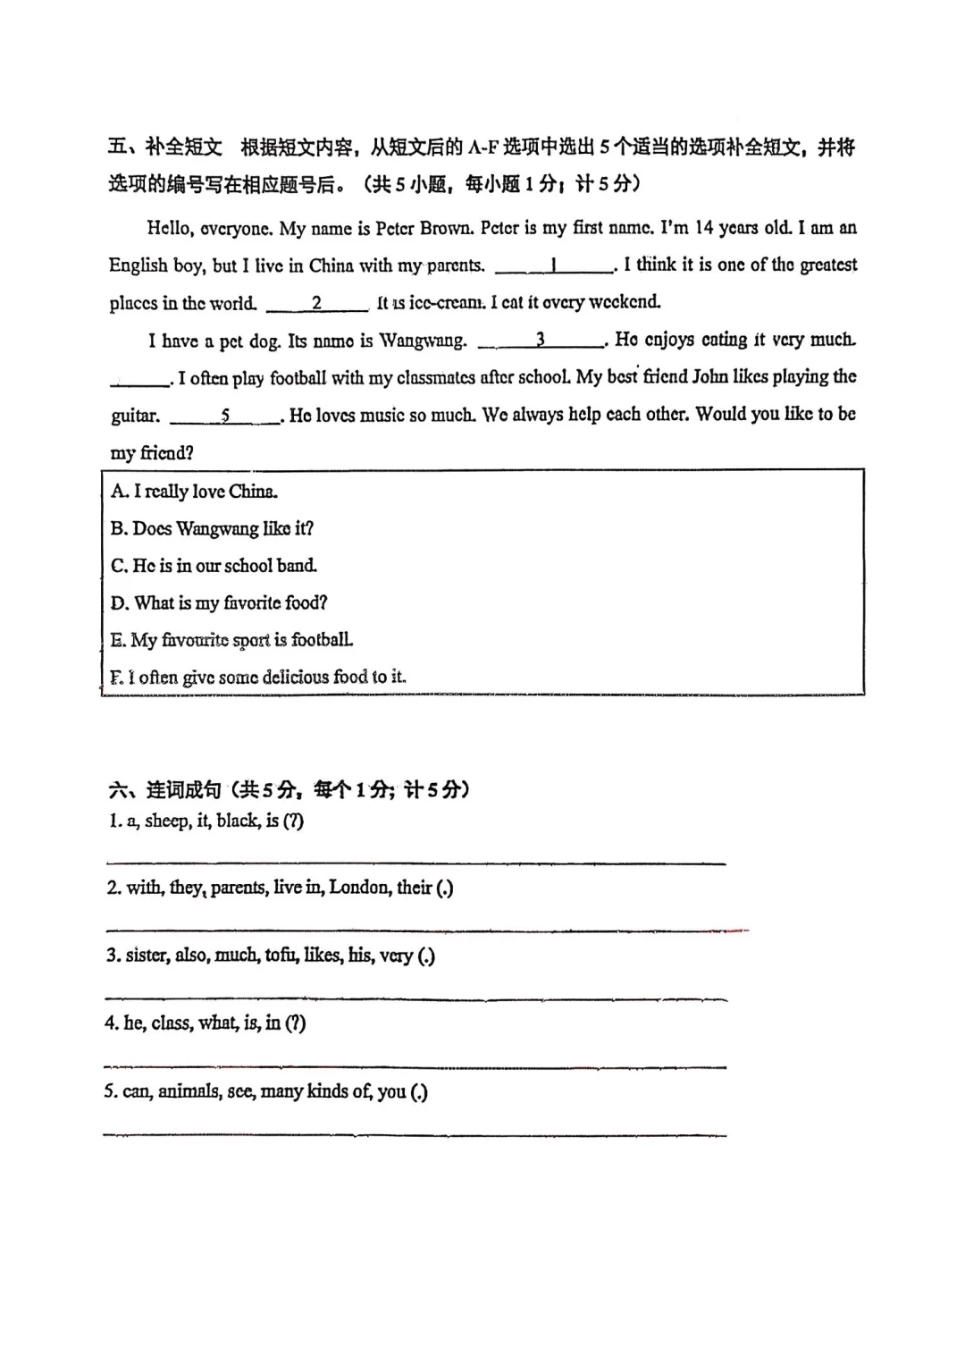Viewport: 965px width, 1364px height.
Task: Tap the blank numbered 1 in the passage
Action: click(554, 265)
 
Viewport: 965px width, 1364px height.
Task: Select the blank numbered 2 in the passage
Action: click(317, 303)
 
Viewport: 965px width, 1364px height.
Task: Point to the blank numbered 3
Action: click(541, 341)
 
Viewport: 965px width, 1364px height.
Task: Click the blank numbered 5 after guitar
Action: click(225, 416)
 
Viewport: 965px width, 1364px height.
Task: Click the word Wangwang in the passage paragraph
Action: click(423, 341)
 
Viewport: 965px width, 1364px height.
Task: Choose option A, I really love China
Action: click(194, 491)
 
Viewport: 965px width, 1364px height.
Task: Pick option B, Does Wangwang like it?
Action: click(212, 528)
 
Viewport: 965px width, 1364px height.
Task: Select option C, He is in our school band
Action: click(214, 566)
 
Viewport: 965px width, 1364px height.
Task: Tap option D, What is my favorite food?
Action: click(219, 603)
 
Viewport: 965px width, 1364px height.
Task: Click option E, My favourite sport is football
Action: click(231, 640)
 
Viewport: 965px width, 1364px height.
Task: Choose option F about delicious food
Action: click(258, 678)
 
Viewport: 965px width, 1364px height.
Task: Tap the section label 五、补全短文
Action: click(164, 147)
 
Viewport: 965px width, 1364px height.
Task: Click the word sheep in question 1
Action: click(167, 821)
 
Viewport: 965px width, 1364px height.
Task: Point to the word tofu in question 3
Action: click(281, 956)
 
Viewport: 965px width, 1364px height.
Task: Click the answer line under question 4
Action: click(415, 1065)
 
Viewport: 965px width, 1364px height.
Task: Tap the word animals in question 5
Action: click(189, 1091)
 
